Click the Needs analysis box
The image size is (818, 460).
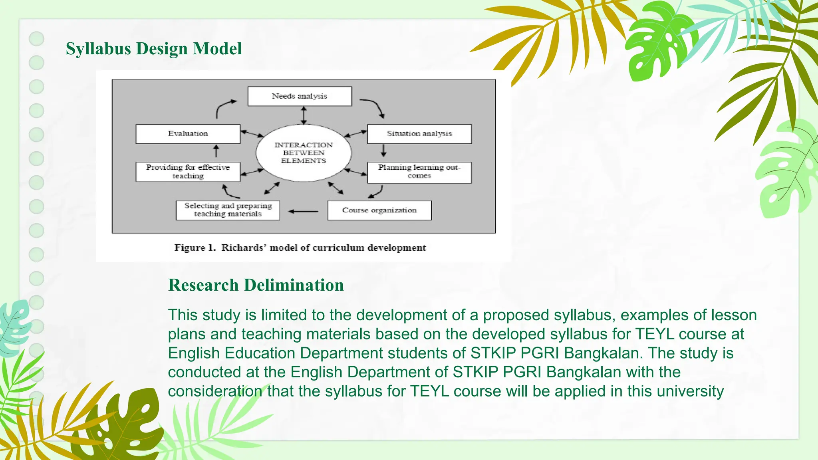[300, 96]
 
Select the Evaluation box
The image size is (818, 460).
[188, 134]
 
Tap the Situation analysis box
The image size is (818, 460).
[419, 134]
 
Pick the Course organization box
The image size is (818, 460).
[379, 210]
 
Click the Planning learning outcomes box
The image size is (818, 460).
[419, 172]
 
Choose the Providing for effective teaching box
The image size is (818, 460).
[188, 172]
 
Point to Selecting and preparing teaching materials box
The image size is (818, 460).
[228, 210]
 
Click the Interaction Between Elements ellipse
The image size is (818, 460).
[304, 153]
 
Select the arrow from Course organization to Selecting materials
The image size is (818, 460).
[303, 211]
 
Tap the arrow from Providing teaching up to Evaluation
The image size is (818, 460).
[216, 151]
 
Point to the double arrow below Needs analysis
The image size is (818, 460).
[304, 115]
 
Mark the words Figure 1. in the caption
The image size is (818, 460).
[195, 248]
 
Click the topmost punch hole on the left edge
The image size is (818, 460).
[37, 39]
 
